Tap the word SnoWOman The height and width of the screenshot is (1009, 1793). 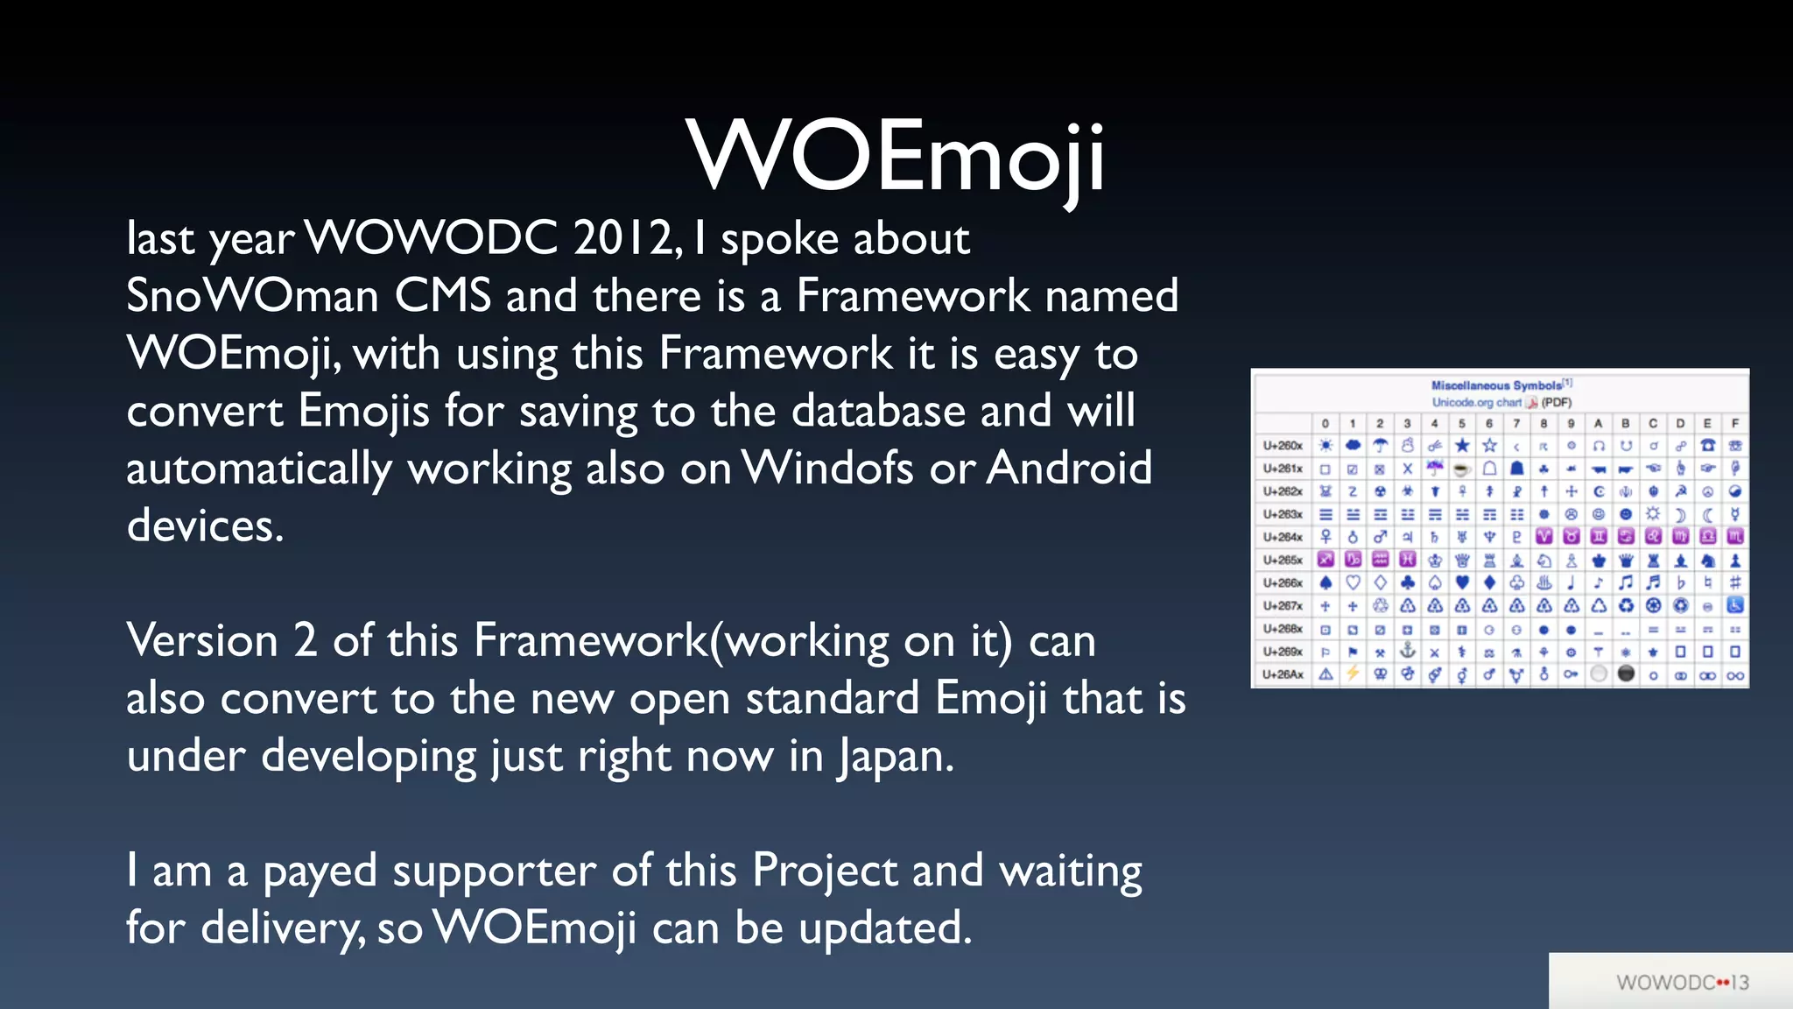(251, 296)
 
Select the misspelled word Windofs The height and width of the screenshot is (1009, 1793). (827, 469)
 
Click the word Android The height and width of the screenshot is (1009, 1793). (1069, 469)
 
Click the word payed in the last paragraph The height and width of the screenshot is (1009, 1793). (320, 872)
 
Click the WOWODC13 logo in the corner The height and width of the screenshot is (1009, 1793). (1682, 983)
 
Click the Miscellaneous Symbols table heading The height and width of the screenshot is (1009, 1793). (1496, 385)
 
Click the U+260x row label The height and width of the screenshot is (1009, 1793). (1283, 446)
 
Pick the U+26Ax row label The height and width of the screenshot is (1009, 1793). (1283, 675)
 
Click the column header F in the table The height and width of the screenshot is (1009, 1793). (1734, 423)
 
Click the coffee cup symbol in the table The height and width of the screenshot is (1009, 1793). (1461, 469)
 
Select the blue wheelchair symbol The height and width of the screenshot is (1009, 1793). (1734, 605)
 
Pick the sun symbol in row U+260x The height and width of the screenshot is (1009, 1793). (1325, 446)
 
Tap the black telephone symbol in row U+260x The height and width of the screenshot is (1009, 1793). (1707, 446)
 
